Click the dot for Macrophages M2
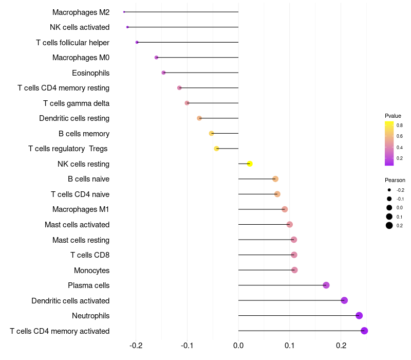(124, 12)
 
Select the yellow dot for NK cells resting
(250, 164)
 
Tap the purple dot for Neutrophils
(359, 315)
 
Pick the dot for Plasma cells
(326, 285)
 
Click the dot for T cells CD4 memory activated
(364, 331)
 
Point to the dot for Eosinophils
(163, 73)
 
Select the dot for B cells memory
(212, 133)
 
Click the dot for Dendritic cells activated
(344, 300)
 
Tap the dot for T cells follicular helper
(137, 42)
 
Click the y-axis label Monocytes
(91, 271)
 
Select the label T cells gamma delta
(76, 103)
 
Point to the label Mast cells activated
(77, 225)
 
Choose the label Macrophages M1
(81, 209)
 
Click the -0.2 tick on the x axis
(136, 345)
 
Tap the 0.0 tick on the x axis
(238, 345)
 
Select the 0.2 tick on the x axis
(341, 345)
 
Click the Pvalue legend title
(393, 116)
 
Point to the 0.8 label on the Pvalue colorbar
(400, 125)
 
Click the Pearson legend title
(395, 180)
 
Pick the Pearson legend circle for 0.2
(389, 225)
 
